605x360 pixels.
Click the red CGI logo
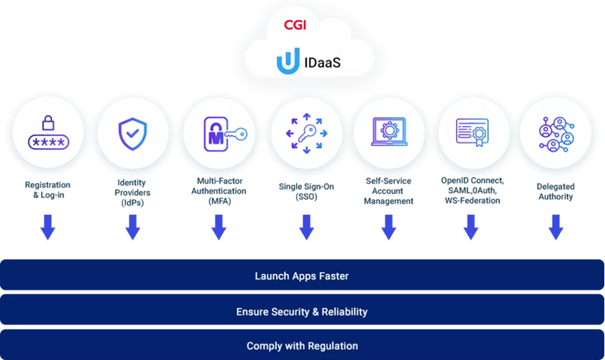click(x=295, y=25)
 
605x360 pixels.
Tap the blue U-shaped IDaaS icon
click(x=288, y=61)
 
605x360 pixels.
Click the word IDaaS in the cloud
click(x=322, y=62)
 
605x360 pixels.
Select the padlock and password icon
click(x=48, y=132)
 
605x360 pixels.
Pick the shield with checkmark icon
click(x=132, y=134)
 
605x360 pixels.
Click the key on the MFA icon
click(x=236, y=134)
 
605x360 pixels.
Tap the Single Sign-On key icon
click(x=307, y=133)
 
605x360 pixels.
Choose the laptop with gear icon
click(x=389, y=132)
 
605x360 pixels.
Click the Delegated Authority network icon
click(x=557, y=134)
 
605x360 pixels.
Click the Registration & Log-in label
click(x=48, y=190)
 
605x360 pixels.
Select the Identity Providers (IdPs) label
click(x=132, y=193)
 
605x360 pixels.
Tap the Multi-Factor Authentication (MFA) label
click(x=219, y=191)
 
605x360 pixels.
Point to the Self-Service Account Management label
click(x=389, y=191)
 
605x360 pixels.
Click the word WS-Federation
click(x=473, y=201)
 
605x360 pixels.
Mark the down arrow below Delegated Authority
click(x=556, y=227)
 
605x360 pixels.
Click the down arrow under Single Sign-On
click(x=307, y=227)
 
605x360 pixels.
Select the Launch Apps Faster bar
click(x=302, y=275)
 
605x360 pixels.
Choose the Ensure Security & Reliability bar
click(x=302, y=309)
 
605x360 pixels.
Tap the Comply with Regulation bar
click(x=302, y=344)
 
